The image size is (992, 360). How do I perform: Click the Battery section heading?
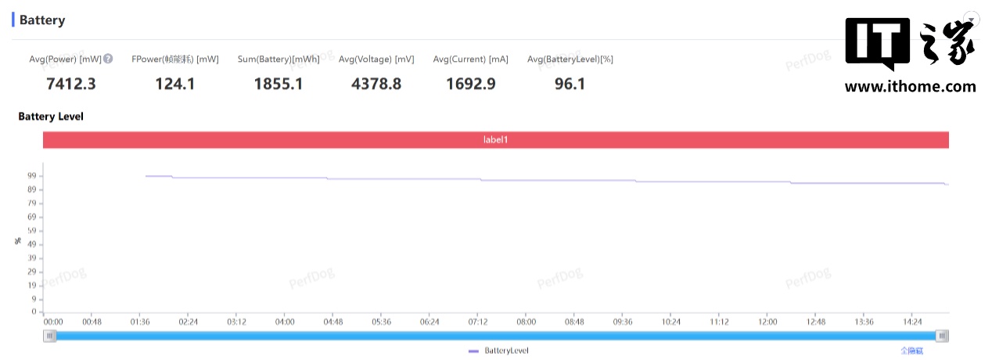[42, 20]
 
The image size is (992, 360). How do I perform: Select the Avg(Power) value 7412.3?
[71, 83]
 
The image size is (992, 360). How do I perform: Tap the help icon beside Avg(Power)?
[108, 59]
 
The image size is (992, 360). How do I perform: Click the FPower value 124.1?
[174, 83]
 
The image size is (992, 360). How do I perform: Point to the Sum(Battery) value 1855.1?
[278, 83]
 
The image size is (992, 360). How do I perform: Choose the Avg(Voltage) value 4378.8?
[376, 83]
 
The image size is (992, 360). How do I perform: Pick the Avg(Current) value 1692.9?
[470, 83]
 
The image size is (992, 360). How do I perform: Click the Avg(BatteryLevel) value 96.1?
[570, 83]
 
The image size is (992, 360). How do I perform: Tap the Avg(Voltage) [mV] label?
[376, 59]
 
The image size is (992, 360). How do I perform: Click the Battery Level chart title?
[51, 117]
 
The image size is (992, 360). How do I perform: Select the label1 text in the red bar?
[496, 140]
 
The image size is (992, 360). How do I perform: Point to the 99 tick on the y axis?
[33, 176]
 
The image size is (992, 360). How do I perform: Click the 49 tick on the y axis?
[33, 244]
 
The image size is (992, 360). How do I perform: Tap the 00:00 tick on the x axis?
[53, 322]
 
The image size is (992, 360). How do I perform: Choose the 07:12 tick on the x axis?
[478, 322]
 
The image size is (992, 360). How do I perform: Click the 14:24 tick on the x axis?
[912, 322]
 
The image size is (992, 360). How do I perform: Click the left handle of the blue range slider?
[51, 336]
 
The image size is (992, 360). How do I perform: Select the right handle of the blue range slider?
[943, 336]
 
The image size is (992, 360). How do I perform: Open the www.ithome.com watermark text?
[910, 87]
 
